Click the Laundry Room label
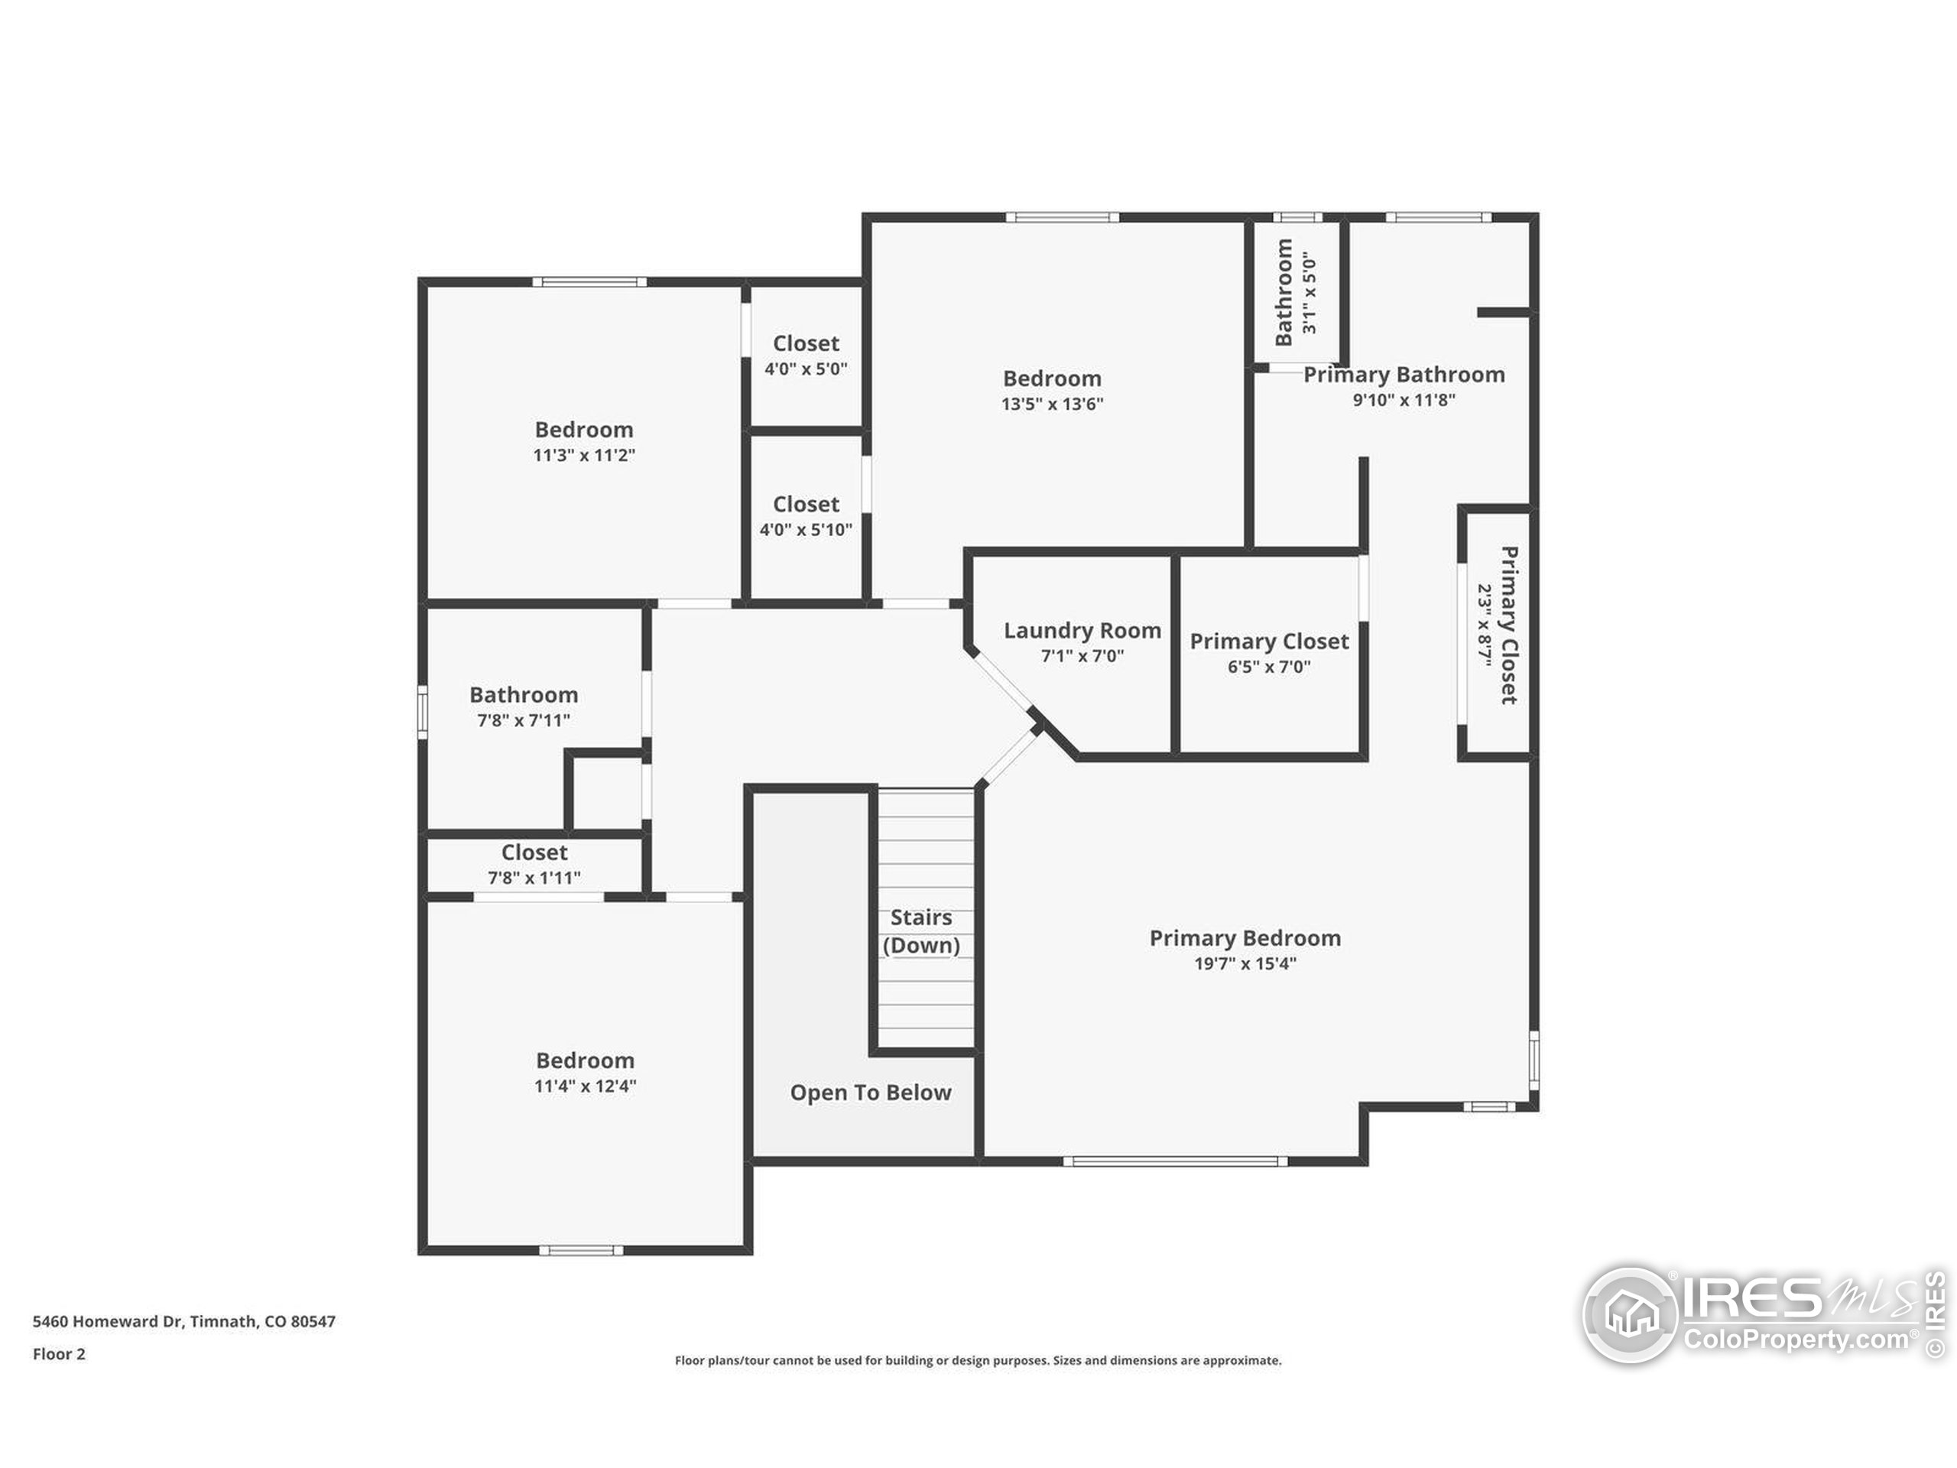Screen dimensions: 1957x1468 pos(1082,630)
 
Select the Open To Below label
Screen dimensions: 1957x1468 pos(871,1093)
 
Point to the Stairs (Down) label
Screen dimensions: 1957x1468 pos(921,931)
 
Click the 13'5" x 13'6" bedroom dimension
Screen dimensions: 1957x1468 pos(1052,404)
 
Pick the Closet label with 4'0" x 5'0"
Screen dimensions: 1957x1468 pos(806,343)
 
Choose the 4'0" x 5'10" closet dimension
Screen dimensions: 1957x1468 pos(806,529)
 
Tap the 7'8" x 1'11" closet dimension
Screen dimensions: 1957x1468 pos(534,878)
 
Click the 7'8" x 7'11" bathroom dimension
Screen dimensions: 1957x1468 pos(524,720)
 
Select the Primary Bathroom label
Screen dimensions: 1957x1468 pos(1404,375)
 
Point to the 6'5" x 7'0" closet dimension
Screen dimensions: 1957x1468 pos(1269,666)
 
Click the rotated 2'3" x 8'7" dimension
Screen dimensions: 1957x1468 pos(1485,625)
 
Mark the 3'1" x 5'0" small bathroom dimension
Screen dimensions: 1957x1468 pos(1310,291)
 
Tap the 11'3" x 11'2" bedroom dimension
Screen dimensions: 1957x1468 pos(584,455)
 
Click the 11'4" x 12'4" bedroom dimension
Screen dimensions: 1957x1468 pos(585,1086)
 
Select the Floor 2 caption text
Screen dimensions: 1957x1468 pos(60,1354)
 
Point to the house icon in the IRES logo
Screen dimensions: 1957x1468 pos(1630,1314)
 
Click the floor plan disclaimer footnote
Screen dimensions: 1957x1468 pos(978,1360)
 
